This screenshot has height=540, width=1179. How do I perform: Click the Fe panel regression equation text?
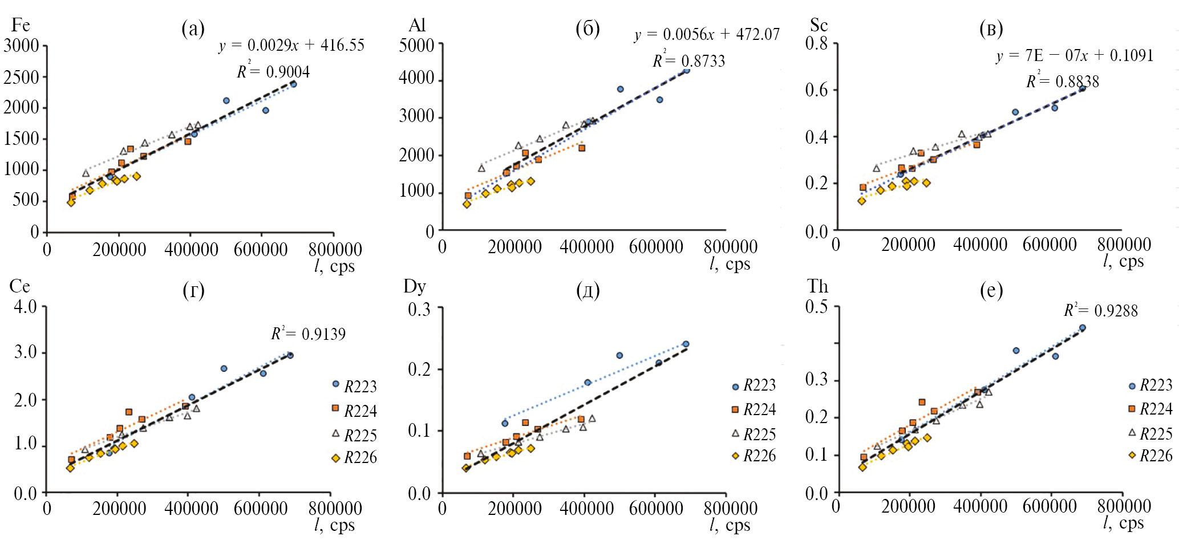click(291, 46)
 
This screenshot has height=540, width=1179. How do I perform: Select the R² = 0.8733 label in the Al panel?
click(689, 61)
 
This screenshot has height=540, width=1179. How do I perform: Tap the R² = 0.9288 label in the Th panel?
click(1101, 311)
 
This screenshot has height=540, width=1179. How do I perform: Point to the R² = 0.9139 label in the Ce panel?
click(308, 334)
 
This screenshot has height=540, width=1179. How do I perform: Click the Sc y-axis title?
click(819, 25)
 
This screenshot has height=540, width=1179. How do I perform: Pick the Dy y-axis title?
click(415, 286)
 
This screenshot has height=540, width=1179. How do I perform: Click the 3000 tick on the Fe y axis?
click(21, 46)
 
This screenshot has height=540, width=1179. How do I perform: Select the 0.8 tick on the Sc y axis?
click(816, 44)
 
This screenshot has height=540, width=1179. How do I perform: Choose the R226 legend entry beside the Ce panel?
click(354, 458)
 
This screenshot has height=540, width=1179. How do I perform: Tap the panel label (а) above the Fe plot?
click(193, 28)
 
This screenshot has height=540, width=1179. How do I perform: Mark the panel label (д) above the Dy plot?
click(588, 291)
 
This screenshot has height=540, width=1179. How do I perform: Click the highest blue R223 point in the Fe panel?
click(293, 84)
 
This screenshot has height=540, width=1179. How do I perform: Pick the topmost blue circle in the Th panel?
click(1082, 328)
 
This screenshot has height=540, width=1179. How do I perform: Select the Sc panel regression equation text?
click(1075, 56)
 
